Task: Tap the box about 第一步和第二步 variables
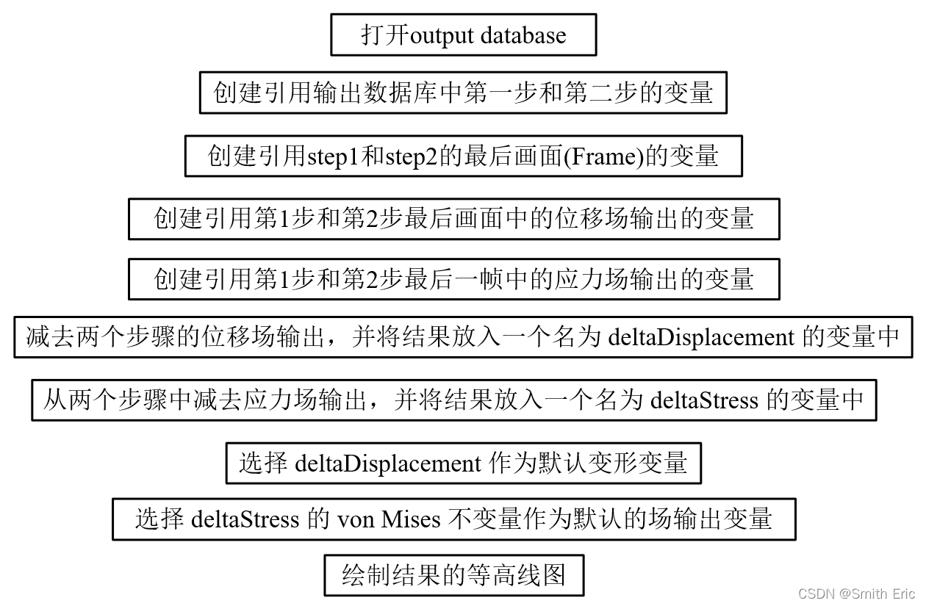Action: point(463,93)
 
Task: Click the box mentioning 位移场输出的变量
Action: point(453,218)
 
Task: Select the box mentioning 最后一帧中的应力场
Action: point(453,279)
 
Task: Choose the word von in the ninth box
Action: point(356,519)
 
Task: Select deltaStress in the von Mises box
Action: point(245,519)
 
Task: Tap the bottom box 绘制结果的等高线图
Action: point(453,575)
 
